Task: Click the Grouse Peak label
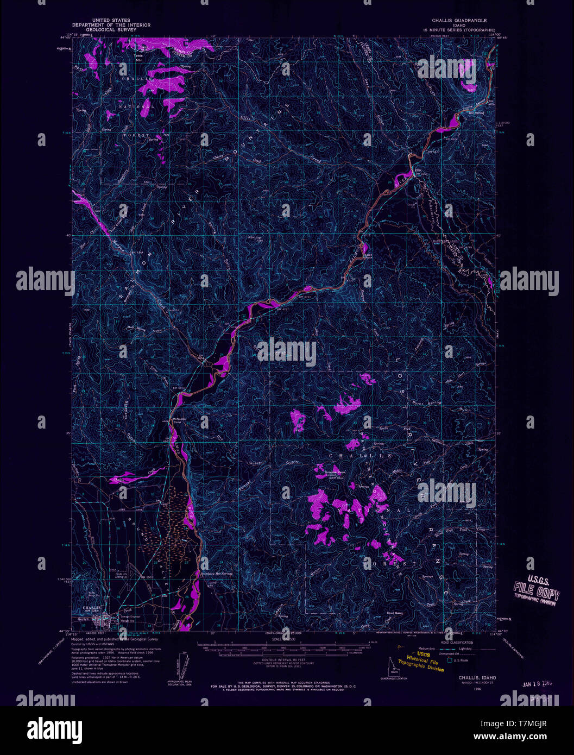(x=335, y=473)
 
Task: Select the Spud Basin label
(x=395, y=613)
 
